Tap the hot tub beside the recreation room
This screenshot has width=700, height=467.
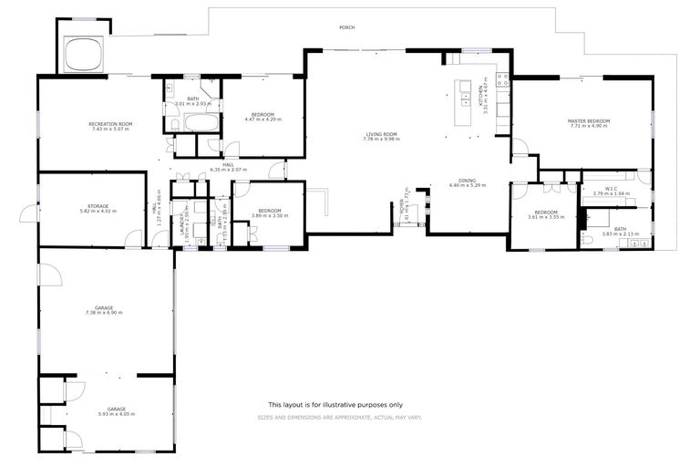86,55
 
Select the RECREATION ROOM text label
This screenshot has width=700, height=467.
110,124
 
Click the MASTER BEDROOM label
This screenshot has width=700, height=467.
588,121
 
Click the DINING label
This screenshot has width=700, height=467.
468,181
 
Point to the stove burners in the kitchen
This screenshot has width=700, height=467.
502,82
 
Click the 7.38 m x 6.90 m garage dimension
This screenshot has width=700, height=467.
104,313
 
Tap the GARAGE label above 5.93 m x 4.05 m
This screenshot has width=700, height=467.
116,409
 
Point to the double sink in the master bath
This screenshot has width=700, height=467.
628,244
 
